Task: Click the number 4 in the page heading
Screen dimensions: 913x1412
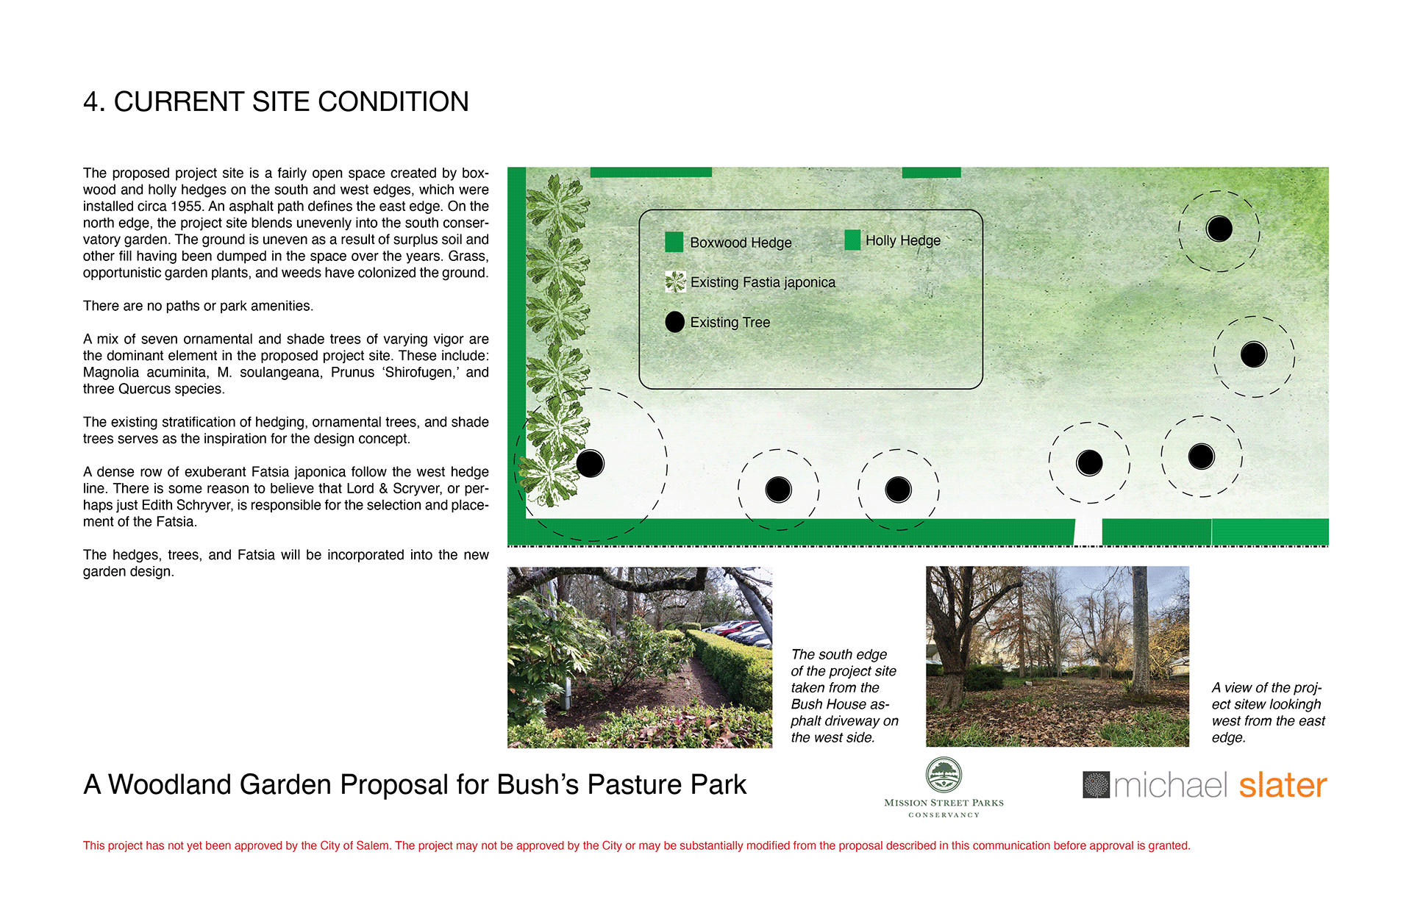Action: point(90,102)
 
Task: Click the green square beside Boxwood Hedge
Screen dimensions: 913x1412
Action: point(674,242)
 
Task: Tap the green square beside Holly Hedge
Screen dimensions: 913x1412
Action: point(852,240)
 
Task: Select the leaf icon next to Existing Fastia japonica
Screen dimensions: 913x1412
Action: point(675,282)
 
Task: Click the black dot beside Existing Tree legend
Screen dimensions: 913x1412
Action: point(674,322)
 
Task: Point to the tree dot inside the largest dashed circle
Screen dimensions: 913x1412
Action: point(590,463)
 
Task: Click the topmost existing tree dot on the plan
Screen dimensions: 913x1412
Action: point(1219,229)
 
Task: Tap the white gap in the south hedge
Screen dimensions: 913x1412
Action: point(1088,531)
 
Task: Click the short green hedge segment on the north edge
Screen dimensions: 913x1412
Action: point(931,172)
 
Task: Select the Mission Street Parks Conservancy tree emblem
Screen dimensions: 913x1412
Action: point(944,775)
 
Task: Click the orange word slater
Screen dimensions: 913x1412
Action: point(1283,785)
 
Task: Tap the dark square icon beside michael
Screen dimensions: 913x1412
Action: point(1096,784)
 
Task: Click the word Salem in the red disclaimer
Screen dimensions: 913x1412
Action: point(372,845)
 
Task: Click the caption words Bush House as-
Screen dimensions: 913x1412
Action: point(840,704)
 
